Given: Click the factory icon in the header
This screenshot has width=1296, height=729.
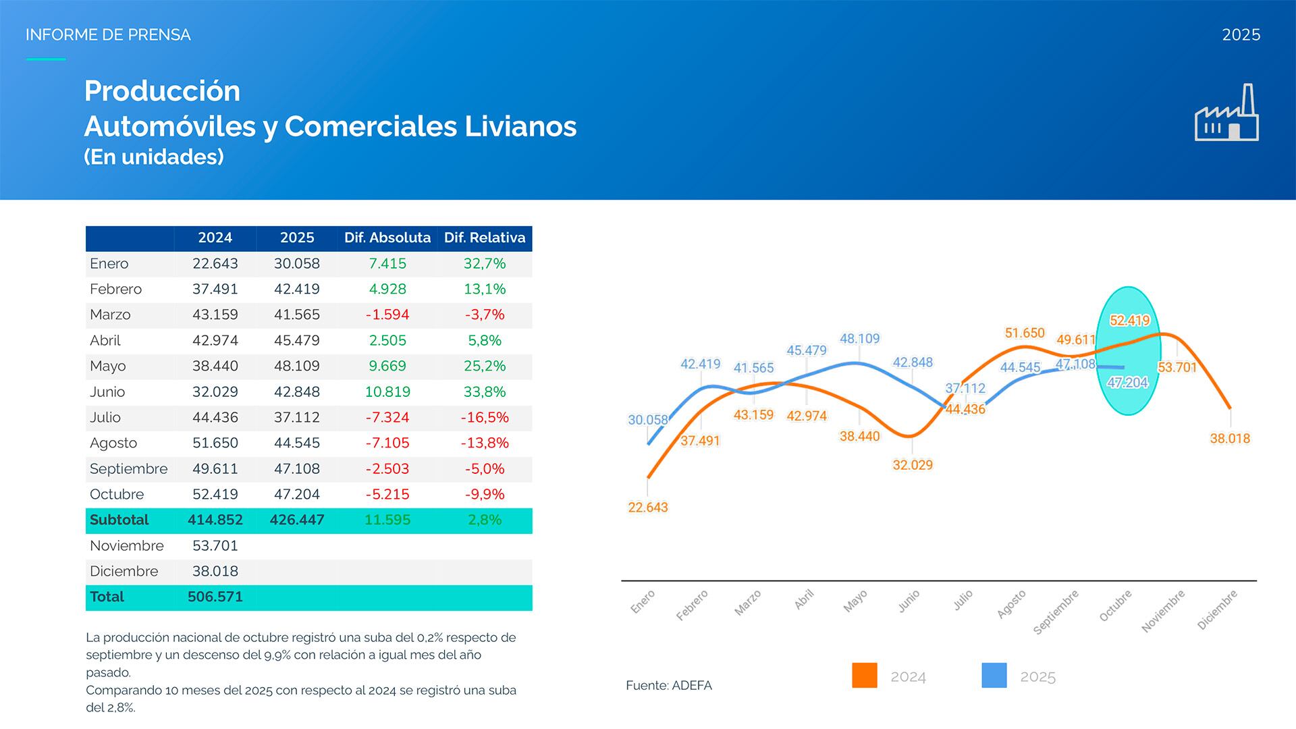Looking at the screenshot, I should tap(1226, 113).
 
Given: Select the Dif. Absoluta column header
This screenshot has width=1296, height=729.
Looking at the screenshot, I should tap(387, 238).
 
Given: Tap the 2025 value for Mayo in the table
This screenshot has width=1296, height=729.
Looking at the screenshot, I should tap(297, 366).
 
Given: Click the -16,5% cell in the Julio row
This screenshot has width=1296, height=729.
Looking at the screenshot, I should tap(485, 417).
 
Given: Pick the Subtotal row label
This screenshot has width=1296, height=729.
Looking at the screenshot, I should tap(119, 520).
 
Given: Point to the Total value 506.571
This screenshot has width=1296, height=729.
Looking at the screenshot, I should tap(215, 597).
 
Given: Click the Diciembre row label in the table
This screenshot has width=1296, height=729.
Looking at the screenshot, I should tap(124, 571).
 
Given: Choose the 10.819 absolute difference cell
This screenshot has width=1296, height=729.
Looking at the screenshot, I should tap(387, 391).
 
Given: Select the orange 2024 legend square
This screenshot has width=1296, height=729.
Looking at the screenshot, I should tap(865, 675).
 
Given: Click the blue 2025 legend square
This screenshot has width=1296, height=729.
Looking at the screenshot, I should tap(994, 675).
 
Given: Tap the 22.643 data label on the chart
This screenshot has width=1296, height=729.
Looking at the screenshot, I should tap(648, 507).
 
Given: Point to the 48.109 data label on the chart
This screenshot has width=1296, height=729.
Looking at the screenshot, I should tap(859, 338).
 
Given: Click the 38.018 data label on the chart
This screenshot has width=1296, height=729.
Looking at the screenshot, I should tap(1230, 438).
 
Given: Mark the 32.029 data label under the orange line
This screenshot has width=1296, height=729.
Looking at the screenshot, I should tap(913, 464).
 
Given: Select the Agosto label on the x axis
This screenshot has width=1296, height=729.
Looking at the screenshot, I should tap(1012, 603).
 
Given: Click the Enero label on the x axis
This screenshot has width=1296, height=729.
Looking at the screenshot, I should tap(643, 601).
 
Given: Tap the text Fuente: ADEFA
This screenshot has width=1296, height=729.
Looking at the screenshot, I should tap(668, 685).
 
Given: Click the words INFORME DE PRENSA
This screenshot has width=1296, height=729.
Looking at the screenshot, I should tap(108, 34).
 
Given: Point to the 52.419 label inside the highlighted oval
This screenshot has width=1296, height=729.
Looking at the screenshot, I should tap(1129, 321).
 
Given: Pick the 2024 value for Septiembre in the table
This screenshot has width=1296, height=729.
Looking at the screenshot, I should tap(215, 468).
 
